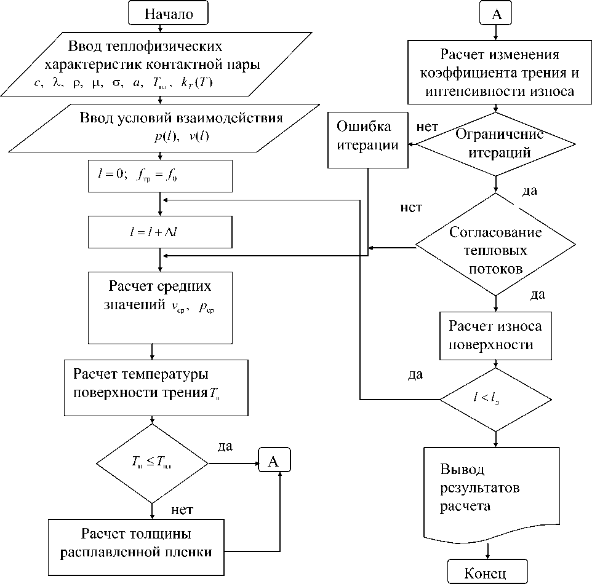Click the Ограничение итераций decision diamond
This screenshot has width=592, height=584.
tap(495, 144)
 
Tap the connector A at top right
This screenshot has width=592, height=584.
tap(497, 14)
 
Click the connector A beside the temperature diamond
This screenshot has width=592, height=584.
tap(274, 462)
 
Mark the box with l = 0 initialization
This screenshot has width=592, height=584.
tap(160, 176)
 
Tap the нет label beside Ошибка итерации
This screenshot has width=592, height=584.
tap(427, 127)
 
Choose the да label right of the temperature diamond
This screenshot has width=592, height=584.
tap(225, 446)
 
